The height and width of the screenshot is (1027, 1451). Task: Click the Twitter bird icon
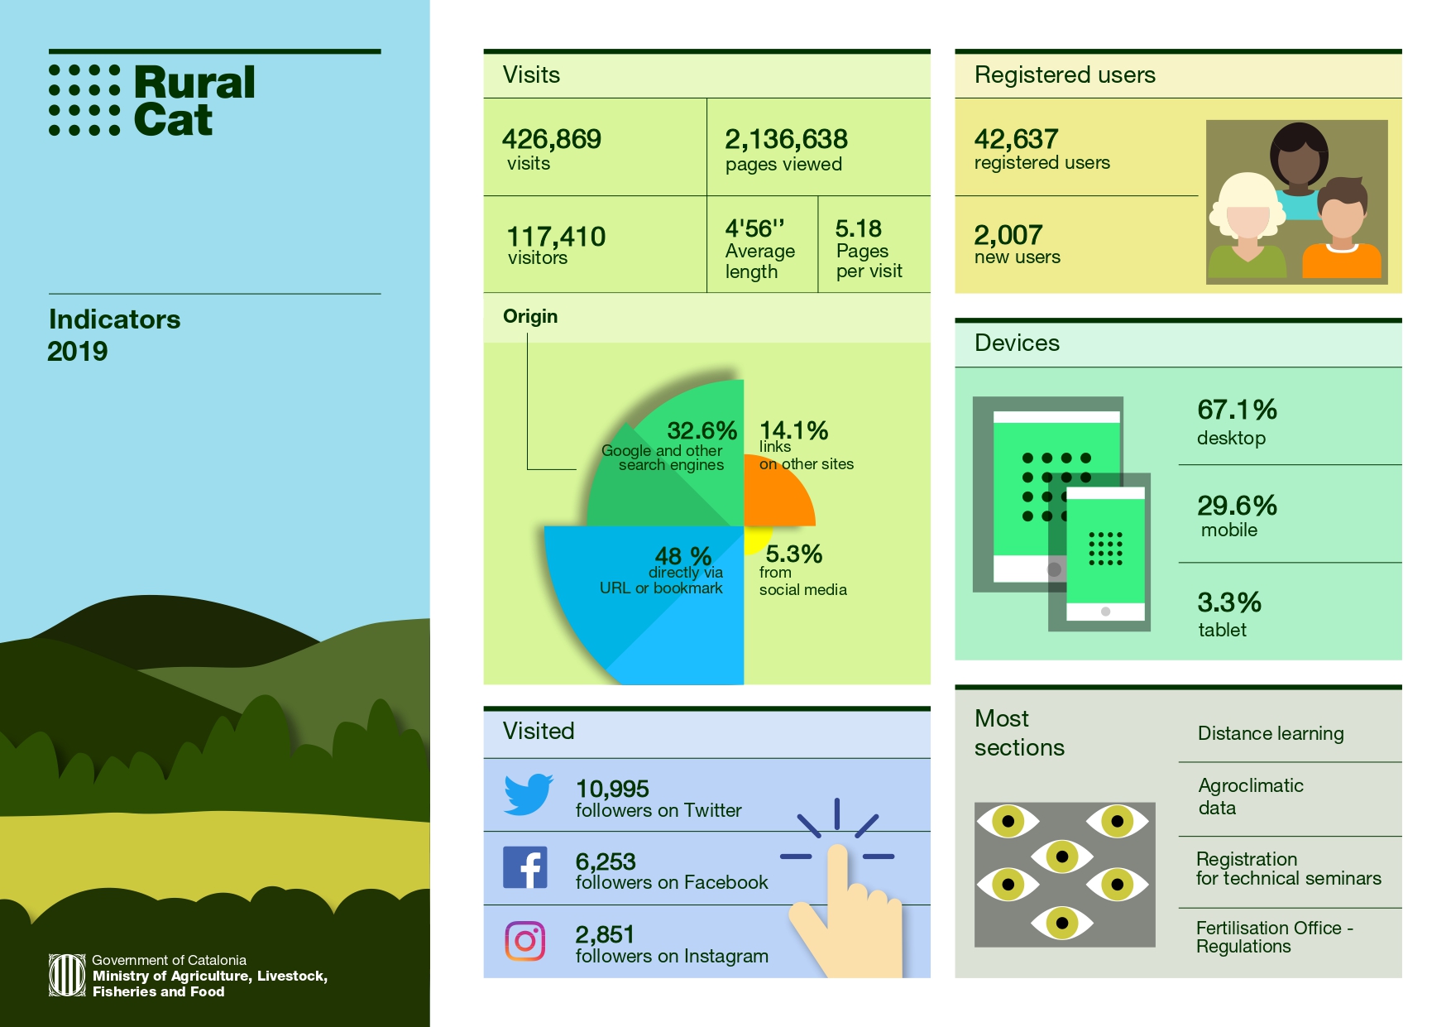click(528, 794)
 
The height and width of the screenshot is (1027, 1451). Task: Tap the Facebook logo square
click(525, 867)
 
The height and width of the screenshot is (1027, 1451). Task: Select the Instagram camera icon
click(525, 941)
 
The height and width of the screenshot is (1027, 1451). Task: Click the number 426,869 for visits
click(552, 139)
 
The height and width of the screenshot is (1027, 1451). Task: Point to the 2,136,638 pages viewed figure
click(786, 139)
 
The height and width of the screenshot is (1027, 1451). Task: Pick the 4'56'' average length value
click(754, 228)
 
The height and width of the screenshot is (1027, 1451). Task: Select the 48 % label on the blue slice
click(682, 555)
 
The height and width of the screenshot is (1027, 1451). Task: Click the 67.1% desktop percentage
click(1237, 410)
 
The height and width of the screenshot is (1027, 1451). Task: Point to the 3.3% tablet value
click(1228, 602)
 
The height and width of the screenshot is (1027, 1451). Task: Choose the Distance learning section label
click(1271, 733)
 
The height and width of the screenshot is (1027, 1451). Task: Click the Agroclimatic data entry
click(1250, 796)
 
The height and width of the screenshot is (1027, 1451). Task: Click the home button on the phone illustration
click(1105, 612)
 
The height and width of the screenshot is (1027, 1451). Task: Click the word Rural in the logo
click(194, 83)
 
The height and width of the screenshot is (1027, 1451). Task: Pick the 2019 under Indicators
click(78, 351)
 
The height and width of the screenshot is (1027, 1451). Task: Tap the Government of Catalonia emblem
click(67, 975)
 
